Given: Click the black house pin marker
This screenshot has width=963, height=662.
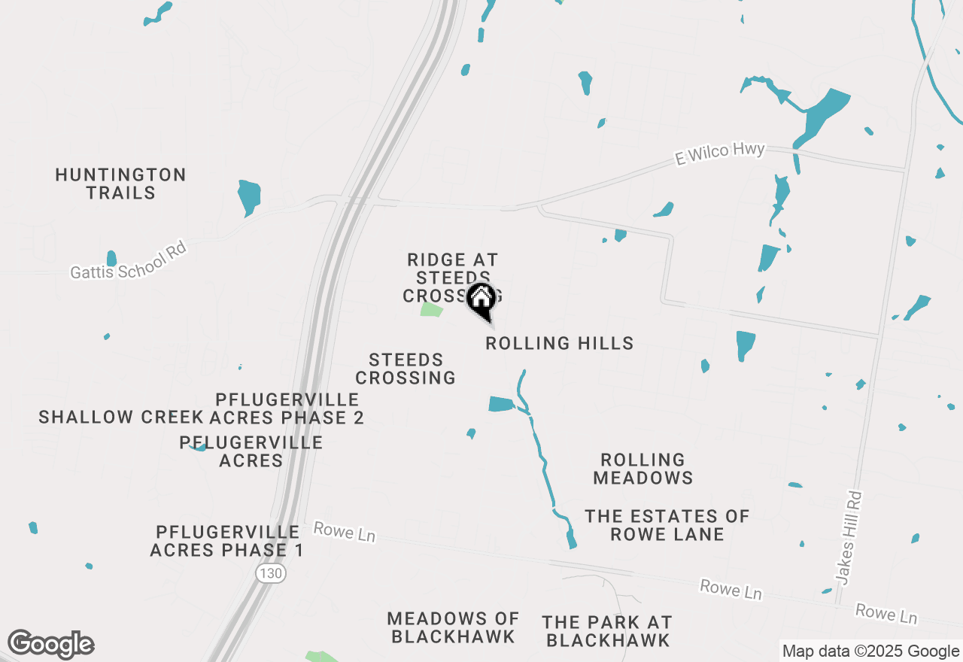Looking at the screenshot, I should [x=481, y=301].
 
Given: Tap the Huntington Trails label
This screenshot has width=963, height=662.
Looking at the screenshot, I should [x=120, y=184].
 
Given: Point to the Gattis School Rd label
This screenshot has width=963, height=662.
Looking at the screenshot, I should [x=128, y=260].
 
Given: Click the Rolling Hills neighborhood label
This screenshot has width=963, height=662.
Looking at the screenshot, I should [x=559, y=344].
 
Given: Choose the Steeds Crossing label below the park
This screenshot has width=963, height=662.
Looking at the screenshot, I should [x=406, y=369].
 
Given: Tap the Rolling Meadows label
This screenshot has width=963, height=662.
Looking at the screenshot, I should [x=643, y=469].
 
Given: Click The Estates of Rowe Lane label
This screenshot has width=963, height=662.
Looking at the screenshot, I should [x=667, y=525].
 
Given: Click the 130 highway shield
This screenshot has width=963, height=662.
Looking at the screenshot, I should [x=270, y=573].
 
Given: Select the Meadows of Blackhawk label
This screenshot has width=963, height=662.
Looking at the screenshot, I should [x=453, y=627].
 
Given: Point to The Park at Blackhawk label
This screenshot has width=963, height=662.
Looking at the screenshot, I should [x=607, y=631].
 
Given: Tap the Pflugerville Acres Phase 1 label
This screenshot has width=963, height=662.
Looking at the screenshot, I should [x=226, y=542].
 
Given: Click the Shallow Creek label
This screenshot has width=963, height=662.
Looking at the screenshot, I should [x=120, y=417].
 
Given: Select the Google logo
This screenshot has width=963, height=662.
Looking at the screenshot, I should [x=50, y=645].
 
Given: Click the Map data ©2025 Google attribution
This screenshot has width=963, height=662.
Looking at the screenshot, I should [x=870, y=651].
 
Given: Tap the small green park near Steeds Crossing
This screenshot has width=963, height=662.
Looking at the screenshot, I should [x=431, y=309].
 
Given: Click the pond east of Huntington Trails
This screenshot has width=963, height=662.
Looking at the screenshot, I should [x=248, y=197].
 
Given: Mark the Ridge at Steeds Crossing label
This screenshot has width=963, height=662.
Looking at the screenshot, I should [x=452, y=278].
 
